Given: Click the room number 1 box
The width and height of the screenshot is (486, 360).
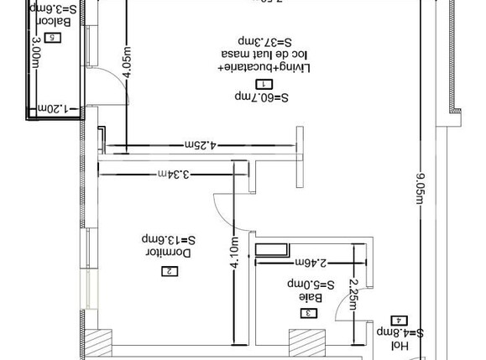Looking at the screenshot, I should [264, 85].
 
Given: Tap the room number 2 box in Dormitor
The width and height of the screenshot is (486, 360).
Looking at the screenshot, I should [170, 270].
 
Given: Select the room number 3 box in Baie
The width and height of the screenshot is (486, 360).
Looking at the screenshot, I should [308, 313].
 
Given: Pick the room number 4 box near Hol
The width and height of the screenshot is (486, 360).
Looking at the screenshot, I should [399, 321].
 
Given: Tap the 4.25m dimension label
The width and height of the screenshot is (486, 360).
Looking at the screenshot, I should [202, 145].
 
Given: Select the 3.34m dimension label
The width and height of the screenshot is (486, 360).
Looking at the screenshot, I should [172, 174].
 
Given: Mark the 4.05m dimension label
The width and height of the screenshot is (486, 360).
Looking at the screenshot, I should [126, 60].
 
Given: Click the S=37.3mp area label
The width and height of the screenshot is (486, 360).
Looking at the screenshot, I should [264, 39].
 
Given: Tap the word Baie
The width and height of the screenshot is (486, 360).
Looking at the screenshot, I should [311, 297].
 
